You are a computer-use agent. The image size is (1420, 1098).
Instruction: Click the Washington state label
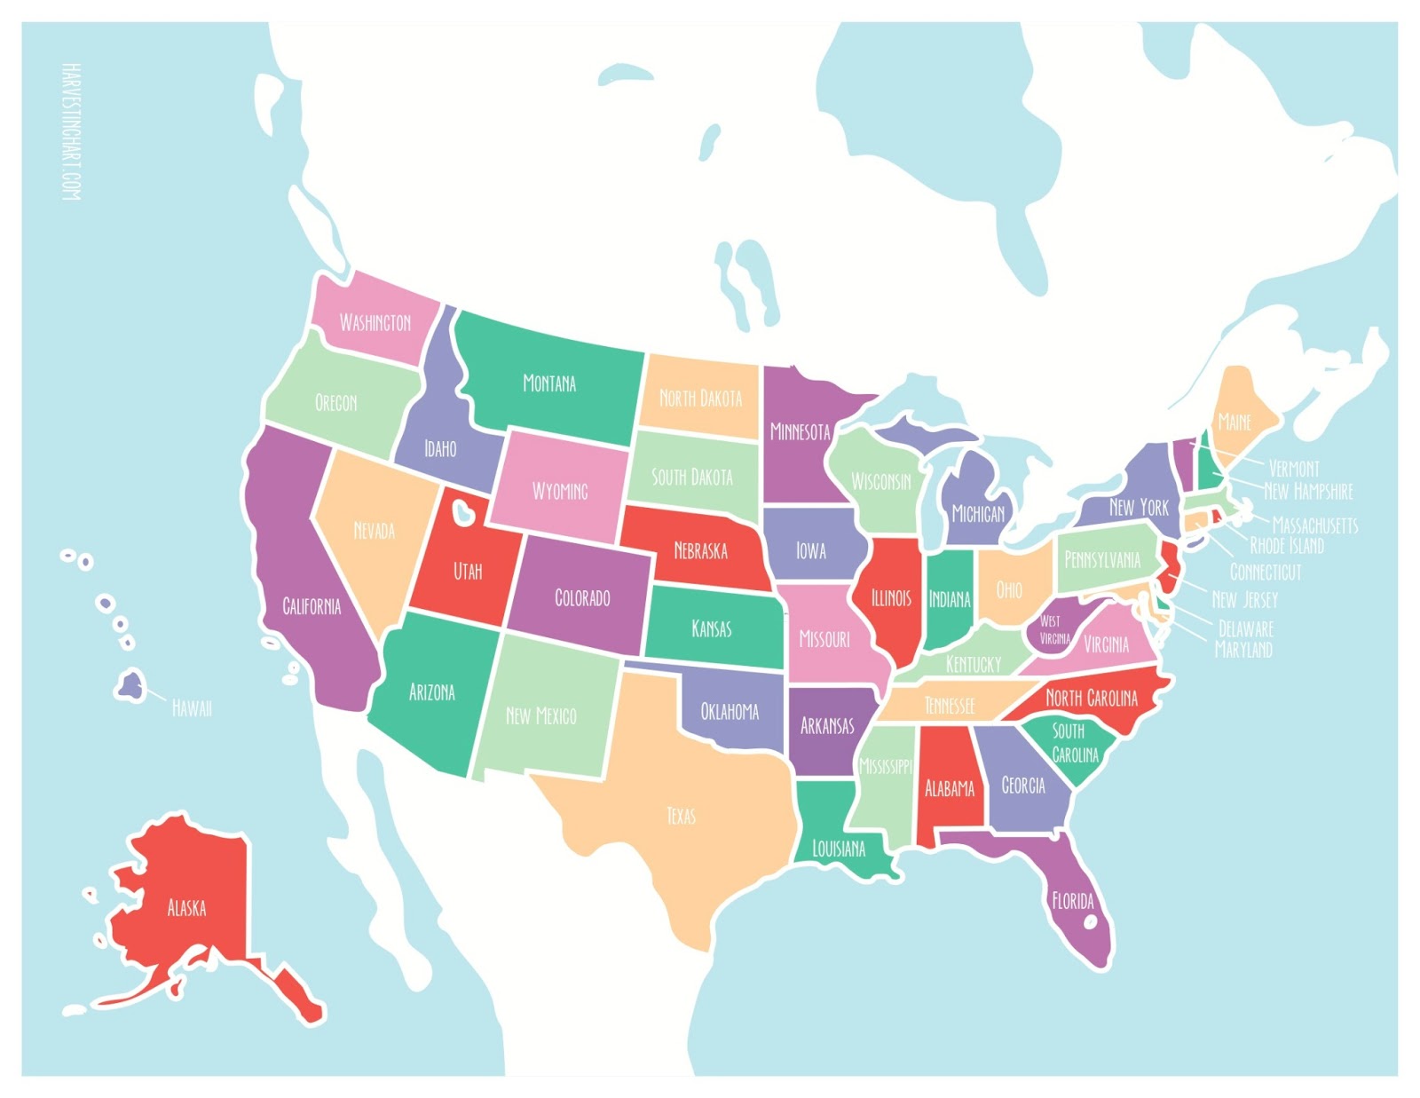click(375, 322)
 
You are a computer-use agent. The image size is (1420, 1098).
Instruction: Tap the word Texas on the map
click(681, 816)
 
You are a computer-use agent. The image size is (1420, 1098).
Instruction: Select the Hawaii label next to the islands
click(192, 708)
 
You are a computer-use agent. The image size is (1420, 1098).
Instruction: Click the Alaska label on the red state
click(186, 907)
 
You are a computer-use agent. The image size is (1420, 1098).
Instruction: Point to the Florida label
click(1072, 901)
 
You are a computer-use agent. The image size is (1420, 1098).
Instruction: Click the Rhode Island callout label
click(1286, 546)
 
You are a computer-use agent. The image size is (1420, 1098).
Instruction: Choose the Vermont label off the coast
click(1293, 468)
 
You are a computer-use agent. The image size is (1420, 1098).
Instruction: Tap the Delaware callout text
click(1245, 628)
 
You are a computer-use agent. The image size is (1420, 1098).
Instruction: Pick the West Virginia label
click(1054, 629)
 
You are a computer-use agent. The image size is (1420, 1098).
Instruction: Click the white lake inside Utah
click(462, 512)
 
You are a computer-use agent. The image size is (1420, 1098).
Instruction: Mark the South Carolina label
click(1074, 743)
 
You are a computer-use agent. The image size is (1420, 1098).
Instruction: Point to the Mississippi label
click(885, 765)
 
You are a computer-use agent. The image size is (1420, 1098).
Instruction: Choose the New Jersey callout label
click(1244, 600)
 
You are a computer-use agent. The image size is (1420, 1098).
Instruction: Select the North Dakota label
click(700, 398)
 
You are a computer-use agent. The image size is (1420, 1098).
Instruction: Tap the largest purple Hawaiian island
click(131, 685)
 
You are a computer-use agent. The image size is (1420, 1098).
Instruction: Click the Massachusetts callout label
click(1314, 525)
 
